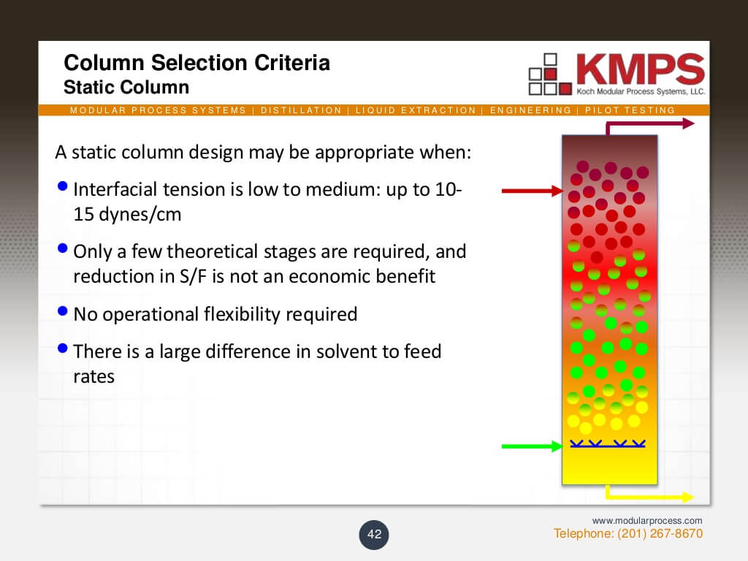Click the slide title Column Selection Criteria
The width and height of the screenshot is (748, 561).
click(x=196, y=63)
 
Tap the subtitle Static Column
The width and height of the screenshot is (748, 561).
click(x=126, y=88)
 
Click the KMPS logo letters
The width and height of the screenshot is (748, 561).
click(x=640, y=69)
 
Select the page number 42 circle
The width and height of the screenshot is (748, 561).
click(x=374, y=534)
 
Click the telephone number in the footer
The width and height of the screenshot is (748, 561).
click(x=627, y=533)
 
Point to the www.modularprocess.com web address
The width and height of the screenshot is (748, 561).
click(x=647, y=520)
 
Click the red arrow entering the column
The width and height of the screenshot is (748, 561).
click(x=533, y=191)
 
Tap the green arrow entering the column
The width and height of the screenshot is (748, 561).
click(x=533, y=446)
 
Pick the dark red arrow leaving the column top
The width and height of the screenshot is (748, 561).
click(x=649, y=124)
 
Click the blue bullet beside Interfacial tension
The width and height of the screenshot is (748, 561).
click(x=63, y=186)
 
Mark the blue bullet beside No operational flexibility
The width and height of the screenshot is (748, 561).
click(x=63, y=311)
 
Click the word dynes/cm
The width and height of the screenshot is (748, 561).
click(x=140, y=215)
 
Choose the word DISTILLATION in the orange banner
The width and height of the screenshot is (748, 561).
click(x=301, y=110)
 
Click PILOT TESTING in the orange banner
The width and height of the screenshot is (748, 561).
click(x=630, y=110)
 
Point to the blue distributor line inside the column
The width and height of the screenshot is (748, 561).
click(x=608, y=444)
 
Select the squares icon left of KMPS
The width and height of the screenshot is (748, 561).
click(x=550, y=74)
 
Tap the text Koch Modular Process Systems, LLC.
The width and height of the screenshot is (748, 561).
click(x=641, y=91)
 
